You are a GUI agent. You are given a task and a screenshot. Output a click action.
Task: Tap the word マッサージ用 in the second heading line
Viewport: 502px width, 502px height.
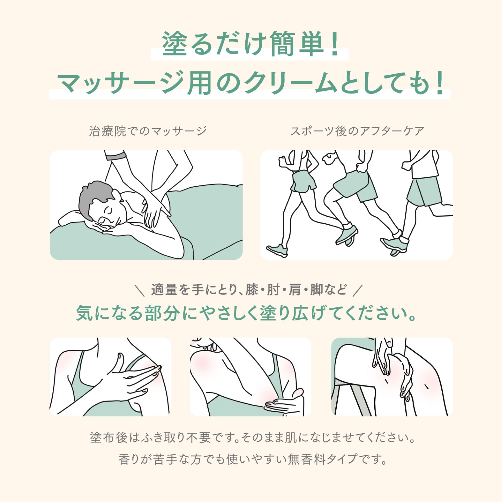point(134,83)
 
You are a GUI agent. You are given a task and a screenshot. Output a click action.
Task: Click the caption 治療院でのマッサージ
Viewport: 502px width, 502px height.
point(148,131)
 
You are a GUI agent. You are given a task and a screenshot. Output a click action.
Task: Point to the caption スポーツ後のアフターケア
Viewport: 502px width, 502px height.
point(357,131)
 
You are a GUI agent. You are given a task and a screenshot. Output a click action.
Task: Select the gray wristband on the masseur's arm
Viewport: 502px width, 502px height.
point(115,155)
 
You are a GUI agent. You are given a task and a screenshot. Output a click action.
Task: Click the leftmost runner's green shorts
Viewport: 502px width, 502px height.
point(302,181)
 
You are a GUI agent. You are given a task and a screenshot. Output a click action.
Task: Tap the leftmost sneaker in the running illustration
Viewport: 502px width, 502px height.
point(277,250)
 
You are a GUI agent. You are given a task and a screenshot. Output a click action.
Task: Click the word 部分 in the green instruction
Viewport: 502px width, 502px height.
point(162,313)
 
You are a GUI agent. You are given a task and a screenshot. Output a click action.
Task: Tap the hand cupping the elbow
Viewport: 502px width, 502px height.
point(284,403)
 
